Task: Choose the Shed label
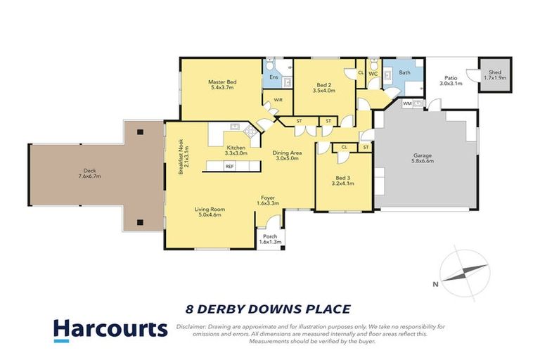496,71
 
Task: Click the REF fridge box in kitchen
229,167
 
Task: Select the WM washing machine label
407,103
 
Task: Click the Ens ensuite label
274,77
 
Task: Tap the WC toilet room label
373,72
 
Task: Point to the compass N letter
437,284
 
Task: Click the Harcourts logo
110,328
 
